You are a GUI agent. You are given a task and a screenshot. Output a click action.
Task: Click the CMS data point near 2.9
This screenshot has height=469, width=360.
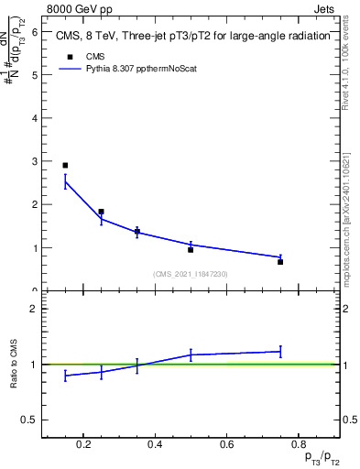tap(65, 166)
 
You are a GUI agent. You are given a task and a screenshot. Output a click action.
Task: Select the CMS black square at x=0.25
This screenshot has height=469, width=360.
tap(101, 212)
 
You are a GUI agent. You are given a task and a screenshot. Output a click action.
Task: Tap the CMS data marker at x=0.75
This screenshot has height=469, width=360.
tap(280, 262)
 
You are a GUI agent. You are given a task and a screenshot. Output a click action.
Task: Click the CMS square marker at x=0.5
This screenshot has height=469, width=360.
tap(191, 249)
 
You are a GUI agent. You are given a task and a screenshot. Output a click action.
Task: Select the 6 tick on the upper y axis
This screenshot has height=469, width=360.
tap(34, 31)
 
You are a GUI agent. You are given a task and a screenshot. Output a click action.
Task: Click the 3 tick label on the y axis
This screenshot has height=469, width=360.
tap(34, 161)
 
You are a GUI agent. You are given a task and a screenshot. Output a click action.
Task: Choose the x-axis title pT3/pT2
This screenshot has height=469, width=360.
tap(322, 455)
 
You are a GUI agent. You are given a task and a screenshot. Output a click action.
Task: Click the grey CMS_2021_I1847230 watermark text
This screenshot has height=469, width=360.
tap(191, 274)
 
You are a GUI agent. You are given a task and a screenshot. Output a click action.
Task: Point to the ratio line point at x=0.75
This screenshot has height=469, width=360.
tap(280, 351)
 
